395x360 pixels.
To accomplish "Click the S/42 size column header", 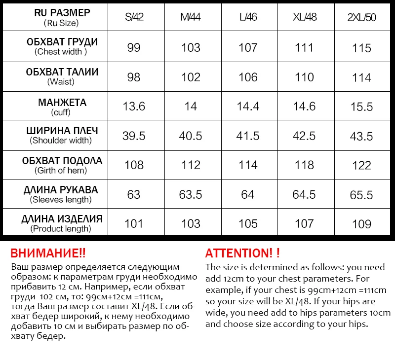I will (134, 18).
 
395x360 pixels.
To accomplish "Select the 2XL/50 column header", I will (362, 18).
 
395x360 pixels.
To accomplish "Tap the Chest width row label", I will (61, 46).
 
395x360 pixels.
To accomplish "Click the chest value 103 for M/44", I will (191, 47).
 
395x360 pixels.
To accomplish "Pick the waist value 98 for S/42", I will (134, 77).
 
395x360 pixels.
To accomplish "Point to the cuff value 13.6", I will (134, 106).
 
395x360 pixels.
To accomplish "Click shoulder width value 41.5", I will (248, 136).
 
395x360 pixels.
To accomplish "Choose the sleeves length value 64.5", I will (304, 195).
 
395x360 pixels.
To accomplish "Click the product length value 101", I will (134, 224).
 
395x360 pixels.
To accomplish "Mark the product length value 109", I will (362, 224).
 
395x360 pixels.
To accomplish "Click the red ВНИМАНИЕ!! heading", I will (48, 253).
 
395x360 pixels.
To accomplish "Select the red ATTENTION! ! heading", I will (242, 253).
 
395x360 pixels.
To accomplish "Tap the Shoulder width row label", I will (61, 135).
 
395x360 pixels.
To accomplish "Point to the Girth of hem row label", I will (61, 165).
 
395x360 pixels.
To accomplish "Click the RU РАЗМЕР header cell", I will (61, 17).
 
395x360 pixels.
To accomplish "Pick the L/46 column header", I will (248, 18).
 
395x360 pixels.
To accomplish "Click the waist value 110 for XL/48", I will (304, 77).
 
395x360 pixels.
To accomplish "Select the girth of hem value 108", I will (134, 165).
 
